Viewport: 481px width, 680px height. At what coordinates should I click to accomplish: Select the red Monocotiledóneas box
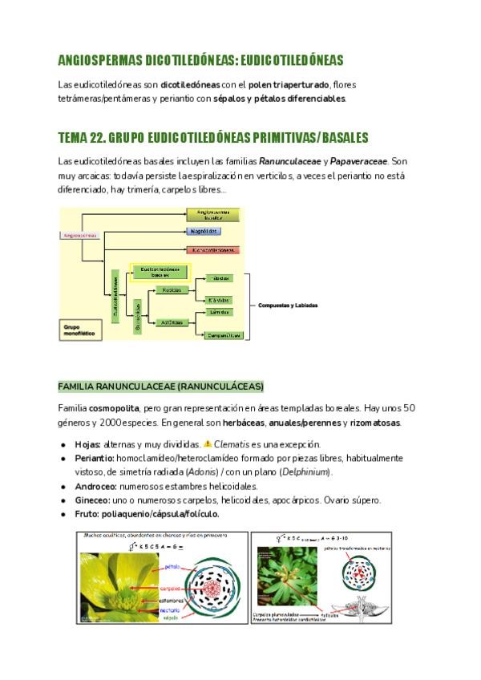point(212,249)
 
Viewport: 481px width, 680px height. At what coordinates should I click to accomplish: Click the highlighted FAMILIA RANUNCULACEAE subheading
point(160,386)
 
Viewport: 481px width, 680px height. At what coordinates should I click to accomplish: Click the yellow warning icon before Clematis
point(208,444)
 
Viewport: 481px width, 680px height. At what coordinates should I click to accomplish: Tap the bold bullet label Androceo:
point(95,486)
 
